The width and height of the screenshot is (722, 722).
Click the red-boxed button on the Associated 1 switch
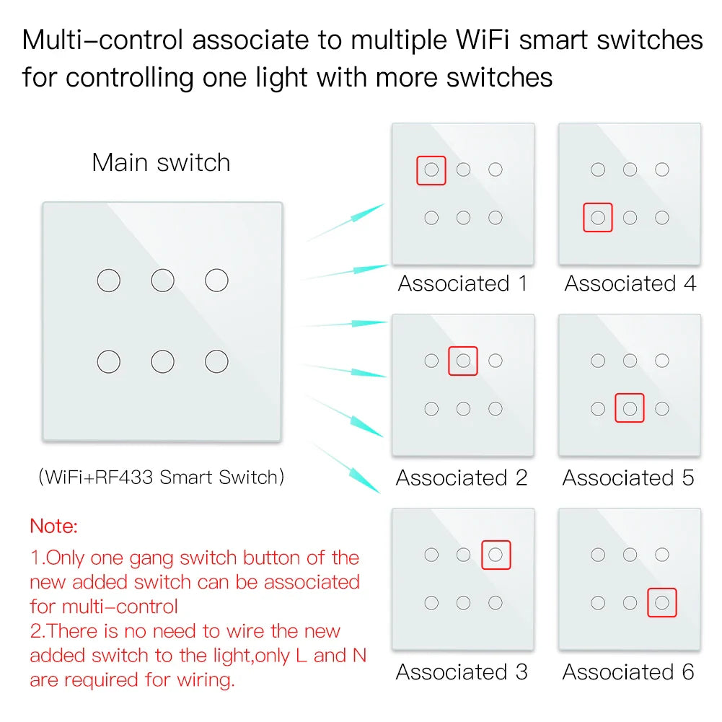point(431,170)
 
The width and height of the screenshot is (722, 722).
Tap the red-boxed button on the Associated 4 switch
point(598,217)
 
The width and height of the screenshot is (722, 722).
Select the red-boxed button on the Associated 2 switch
point(463,361)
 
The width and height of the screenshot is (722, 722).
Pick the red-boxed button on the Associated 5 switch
point(630,408)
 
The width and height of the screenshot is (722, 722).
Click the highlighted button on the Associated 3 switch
point(496,555)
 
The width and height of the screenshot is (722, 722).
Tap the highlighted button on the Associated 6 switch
point(662,602)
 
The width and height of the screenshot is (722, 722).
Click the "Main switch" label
point(161,162)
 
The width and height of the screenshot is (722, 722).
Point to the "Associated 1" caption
point(462,283)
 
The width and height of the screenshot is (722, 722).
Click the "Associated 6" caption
point(628,672)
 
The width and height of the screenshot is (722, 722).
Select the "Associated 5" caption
point(628,477)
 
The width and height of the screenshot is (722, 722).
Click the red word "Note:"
point(53,526)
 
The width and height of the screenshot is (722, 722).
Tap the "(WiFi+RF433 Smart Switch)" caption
point(161,477)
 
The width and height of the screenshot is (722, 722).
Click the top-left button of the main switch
point(109,280)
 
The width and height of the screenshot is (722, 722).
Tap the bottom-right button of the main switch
point(216,361)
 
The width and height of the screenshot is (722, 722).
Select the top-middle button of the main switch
point(163,280)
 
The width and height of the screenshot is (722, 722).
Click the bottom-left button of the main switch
point(109,361)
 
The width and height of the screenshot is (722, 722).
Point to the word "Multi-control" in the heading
point(103,40)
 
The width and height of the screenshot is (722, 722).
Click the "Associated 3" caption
point(462,672)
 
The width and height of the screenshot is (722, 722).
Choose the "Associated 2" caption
point(462,477)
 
